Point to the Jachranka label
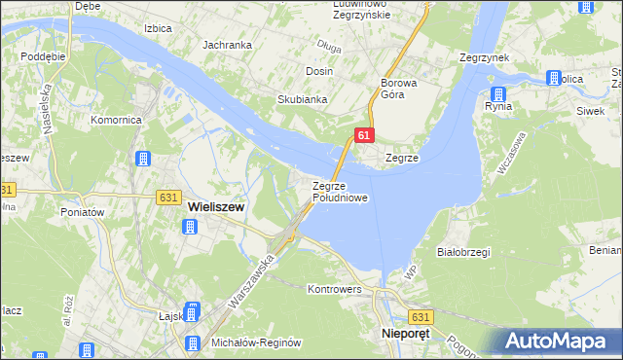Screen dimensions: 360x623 pyautogui.click(x=227, y=45)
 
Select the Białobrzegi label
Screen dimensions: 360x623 pyautogui.click(x=463, y=251)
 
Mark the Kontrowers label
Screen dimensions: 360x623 pyautogui.click(x=334, y=289)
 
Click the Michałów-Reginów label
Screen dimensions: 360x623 pyautogui.click(x=251, y=344)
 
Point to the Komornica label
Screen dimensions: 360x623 pyautogui.click(x=117, y=120)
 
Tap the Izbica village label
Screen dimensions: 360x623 pyautogui.click(x=158, y=29)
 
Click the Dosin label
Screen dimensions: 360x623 pyautogui.click(x=319, y=71)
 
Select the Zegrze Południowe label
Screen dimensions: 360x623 pyautogui.click(x=340, y=192)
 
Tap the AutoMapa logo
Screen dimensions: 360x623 pyautogui.click(x=561, y=340)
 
